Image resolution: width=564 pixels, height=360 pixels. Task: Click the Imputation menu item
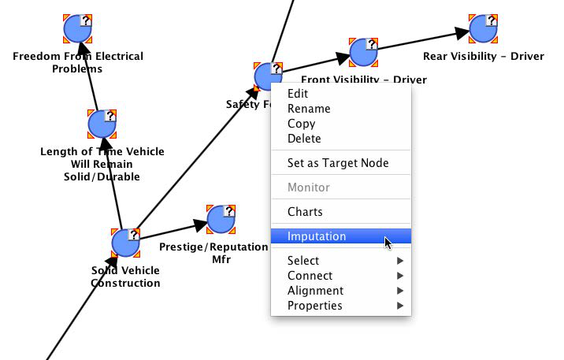317,236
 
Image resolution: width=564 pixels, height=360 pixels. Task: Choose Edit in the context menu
298,94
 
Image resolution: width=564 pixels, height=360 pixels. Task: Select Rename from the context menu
309,109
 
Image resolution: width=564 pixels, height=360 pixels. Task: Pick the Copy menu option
301,124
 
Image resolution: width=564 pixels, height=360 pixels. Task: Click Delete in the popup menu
304,139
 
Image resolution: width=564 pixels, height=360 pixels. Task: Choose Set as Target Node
338,163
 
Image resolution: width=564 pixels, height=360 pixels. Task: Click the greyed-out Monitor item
308,187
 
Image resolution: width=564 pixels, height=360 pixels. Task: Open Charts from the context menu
305,212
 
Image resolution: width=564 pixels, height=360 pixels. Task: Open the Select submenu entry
303,261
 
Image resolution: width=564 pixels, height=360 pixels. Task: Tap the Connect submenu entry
310,276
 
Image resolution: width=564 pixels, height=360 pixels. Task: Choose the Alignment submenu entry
315,291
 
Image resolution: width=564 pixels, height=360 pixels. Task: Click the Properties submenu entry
314,306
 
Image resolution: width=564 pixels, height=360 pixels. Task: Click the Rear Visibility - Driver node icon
482,29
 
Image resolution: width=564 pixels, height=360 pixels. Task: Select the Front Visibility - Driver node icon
362,53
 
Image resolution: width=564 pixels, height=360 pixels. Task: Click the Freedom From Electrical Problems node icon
78,29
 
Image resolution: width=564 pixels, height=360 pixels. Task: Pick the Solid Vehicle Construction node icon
125,243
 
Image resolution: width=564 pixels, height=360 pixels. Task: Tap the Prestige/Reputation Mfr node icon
221,220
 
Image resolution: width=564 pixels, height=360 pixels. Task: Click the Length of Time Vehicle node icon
102,124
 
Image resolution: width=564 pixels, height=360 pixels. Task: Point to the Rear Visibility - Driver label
483,57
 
